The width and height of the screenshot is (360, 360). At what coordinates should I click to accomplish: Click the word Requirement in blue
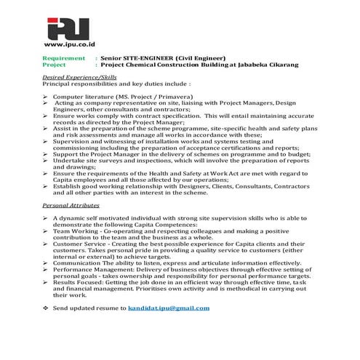click(x=64, y=57)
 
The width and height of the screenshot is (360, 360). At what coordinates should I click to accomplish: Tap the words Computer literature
click(x=77, y=96)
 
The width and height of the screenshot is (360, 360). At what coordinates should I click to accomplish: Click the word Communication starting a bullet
click(x=79, y=263)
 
